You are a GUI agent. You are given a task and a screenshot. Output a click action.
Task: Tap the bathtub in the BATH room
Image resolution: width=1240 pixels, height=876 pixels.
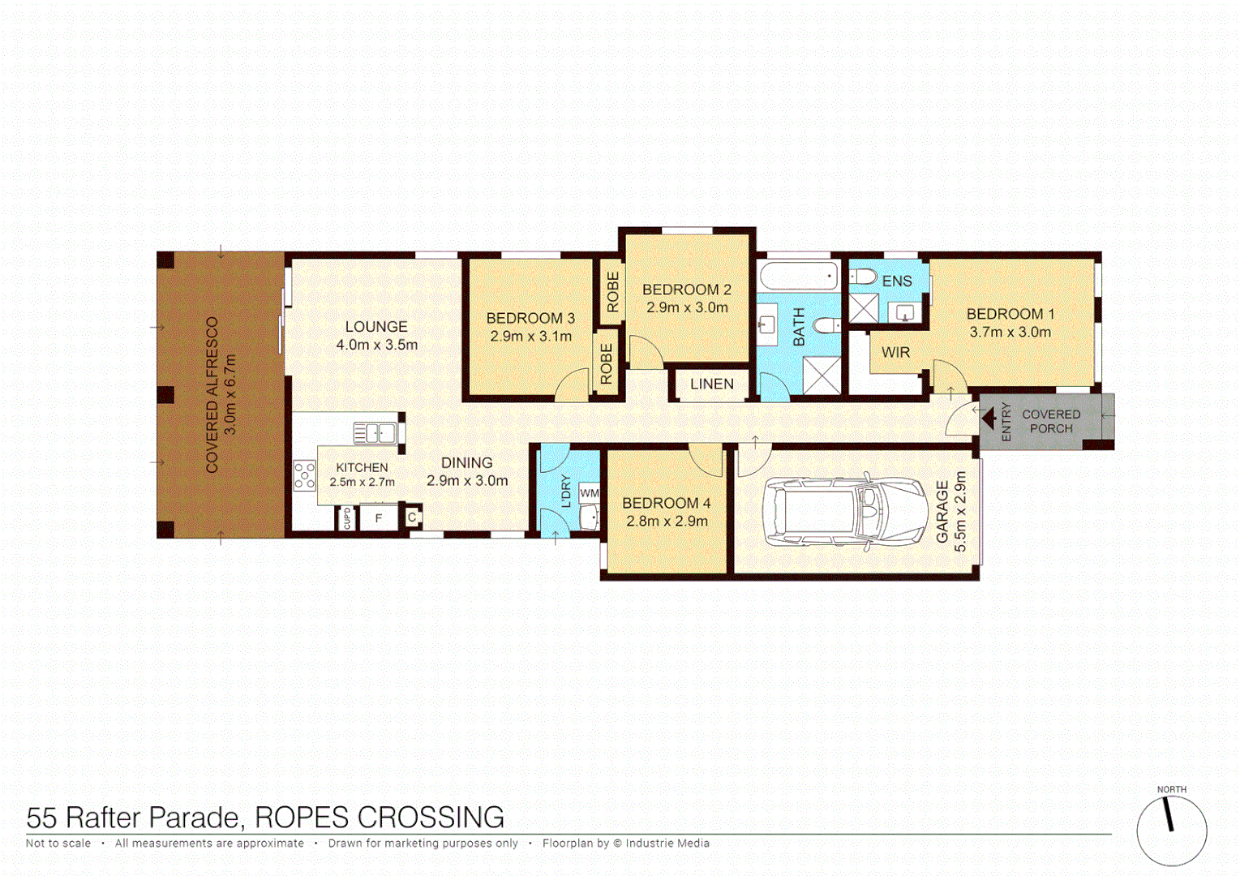pos(799,277)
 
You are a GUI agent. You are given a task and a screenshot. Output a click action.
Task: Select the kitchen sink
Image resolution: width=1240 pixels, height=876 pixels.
pos(375,432)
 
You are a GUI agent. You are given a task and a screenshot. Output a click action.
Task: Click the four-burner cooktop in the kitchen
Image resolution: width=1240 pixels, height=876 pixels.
pos(305,475)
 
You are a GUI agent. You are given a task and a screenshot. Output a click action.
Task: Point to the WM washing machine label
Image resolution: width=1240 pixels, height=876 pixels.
pos(590,493)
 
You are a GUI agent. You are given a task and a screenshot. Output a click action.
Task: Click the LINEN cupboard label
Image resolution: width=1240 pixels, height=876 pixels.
pos(711,384)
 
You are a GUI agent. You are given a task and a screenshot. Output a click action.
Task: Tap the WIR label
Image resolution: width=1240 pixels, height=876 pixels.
pos(895,353)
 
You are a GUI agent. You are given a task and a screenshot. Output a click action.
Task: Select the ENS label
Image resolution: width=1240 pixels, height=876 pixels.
pos(896,281)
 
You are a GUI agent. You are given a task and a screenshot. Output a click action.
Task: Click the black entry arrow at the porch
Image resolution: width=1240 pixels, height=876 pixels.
pos(989,419)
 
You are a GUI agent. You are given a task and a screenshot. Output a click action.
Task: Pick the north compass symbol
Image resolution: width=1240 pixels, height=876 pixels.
pos(1171,830)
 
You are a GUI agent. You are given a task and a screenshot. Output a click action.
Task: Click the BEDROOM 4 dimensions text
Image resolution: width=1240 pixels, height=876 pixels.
pos(667,522)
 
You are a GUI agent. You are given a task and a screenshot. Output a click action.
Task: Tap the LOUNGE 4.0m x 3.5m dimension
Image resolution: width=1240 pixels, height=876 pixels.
pos(377,345)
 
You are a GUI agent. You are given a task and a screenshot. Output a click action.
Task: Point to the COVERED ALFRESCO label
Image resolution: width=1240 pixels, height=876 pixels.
pos(212,395)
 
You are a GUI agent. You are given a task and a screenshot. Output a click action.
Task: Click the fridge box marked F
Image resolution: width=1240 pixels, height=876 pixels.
pos(378,517)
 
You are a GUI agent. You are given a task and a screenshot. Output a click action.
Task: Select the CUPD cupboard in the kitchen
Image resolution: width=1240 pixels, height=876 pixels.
pos(347,517)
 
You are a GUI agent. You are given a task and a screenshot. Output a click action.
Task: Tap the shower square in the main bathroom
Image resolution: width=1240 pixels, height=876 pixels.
pos(822,376)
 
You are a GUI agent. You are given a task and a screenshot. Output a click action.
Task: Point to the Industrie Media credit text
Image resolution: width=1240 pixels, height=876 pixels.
pos(667,844)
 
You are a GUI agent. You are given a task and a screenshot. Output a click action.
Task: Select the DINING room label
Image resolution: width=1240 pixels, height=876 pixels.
pos(466,463)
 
